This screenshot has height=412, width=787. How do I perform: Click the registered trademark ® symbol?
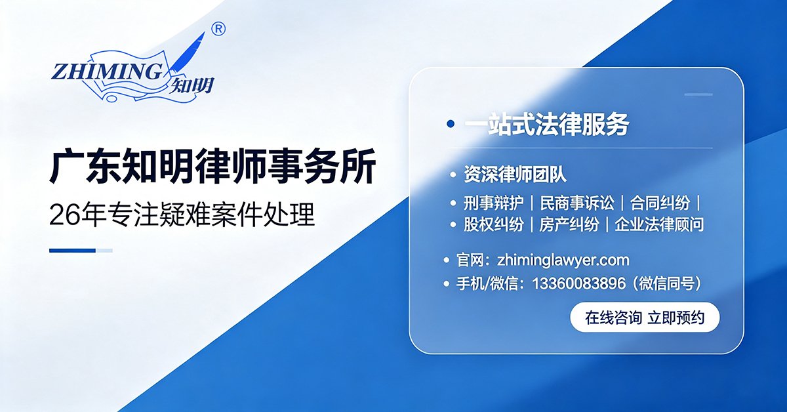[218, 29]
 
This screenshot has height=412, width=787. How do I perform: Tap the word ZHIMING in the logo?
[107, 72]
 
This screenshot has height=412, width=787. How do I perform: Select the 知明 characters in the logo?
[192, 85]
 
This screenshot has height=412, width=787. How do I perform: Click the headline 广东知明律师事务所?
[213, 166]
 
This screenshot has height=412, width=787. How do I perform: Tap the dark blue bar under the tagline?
[72, 251]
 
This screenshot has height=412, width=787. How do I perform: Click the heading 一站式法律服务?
[547, 124]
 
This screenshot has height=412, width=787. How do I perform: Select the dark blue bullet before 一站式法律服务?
[451, 124]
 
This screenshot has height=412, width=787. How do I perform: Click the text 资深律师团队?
[515, 174]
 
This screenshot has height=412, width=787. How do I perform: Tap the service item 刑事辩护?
[493, 203]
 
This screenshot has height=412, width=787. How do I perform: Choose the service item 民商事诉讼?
[577, 203]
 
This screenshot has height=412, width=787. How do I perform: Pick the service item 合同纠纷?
[660, 203]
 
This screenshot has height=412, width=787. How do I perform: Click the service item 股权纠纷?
[493, 224]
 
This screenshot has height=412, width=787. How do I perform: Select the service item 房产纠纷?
[569, 224]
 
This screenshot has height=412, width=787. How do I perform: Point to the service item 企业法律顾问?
[660, 224]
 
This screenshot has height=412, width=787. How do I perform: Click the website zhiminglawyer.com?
[563, 260]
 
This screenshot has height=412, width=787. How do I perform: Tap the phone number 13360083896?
[579, 283]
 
